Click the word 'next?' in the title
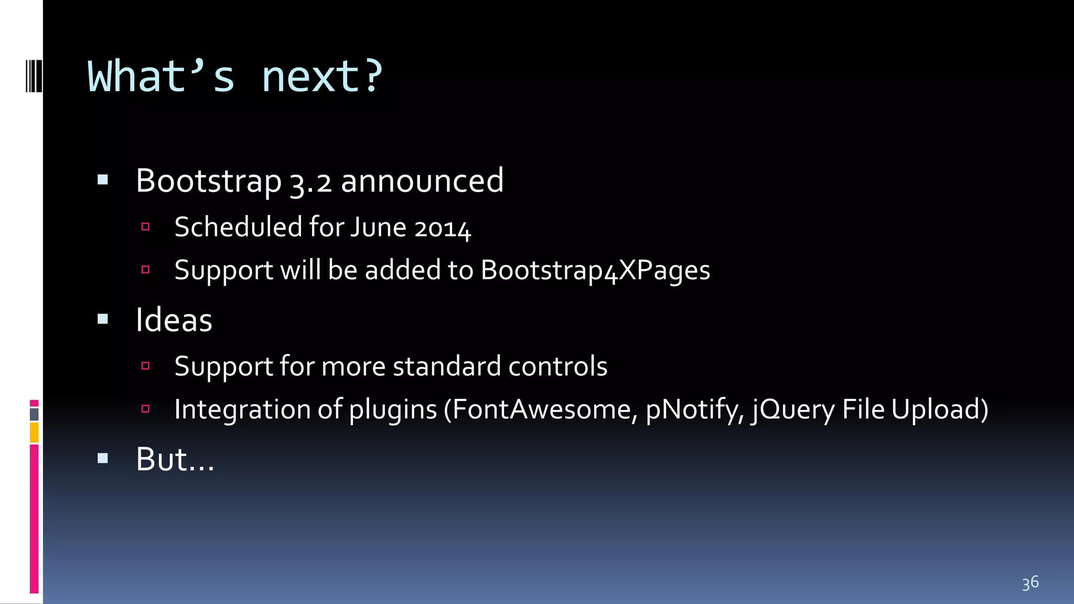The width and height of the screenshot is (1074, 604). [322, 77]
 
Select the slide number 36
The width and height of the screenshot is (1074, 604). [1030, 583]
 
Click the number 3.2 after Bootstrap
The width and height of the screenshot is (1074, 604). [310, 182]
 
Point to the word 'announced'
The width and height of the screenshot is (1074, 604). [422, 181]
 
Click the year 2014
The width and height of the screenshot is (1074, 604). [442, 228]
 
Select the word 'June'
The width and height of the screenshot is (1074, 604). [378, 228]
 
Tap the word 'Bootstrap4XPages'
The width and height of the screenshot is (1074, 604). [595, 271]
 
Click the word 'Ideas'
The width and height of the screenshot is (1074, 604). [174, 320]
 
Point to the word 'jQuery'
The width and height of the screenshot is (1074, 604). [792, 409]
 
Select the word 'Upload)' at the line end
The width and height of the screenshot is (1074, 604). [940, 409]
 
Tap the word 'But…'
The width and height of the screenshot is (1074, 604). [175, 459]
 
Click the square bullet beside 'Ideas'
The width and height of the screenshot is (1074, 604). [103, 319]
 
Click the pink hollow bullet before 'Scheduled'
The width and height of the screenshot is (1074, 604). [146, 227]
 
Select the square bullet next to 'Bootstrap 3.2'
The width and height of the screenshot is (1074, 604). [103, 180]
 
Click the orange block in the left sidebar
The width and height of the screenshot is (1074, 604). [34, 433]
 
